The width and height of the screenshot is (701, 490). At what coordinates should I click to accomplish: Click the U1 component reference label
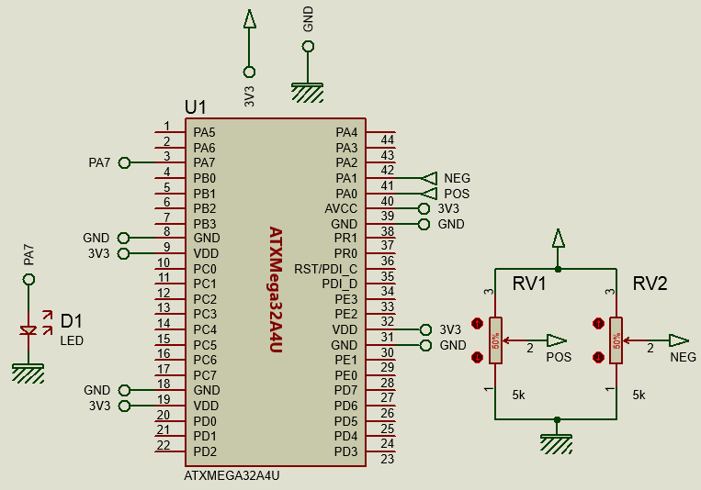click(196, 107)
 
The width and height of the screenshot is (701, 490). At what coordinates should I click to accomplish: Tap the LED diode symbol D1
click(28, 329)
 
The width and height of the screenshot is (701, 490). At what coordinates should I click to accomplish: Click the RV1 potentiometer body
click(496, 340)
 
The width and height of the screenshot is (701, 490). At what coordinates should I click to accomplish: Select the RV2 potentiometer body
click(616, 340)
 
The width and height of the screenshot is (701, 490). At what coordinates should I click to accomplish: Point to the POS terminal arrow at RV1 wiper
click(557, 340)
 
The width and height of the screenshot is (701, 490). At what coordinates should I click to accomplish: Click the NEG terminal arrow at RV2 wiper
click(678, 340)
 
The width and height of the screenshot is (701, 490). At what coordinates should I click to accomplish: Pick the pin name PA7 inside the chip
click(204, 162)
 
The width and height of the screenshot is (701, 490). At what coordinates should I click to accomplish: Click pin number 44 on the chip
click(387, 139)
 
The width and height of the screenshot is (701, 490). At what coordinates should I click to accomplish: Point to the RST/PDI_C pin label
click(325, 269)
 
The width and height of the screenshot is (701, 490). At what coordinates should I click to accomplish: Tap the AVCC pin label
click(341, 208)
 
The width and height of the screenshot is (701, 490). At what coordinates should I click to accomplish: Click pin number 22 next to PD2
click(164, 445)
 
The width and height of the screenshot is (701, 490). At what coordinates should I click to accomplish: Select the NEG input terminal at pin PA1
click(429, 178)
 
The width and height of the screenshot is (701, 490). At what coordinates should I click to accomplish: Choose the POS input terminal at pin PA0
click(429, 194)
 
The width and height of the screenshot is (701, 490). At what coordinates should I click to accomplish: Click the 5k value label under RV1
click(519, 395)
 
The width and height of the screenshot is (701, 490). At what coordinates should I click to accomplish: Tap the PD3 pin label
click(345, 451)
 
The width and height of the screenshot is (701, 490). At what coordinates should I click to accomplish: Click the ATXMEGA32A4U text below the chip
click(232, 476)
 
